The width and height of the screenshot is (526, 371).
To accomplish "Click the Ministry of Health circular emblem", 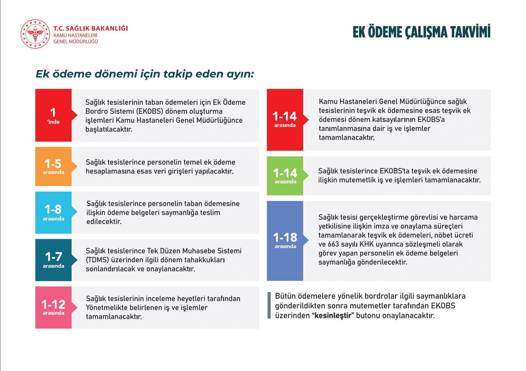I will [x=35, y=34].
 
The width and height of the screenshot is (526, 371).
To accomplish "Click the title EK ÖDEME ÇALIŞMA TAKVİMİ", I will [x=421, y=32].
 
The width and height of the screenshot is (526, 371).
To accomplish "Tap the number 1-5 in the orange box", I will [x=53, y=164].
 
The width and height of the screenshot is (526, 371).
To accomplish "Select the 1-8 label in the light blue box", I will [x=53, y=209].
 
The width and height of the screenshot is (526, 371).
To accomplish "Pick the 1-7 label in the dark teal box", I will [x=53, y=257].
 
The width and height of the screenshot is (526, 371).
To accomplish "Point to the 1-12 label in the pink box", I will [x=53, y=305].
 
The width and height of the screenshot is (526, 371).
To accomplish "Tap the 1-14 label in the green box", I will [x=285, y=173].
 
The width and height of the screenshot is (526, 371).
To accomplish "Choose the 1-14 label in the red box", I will [x=285, y=116].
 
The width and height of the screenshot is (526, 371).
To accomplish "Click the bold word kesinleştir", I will [x=333, y=315].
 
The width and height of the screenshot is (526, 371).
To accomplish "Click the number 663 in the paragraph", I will [x=333, y=244].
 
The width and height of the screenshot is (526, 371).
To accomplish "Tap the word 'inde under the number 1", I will [x=53, y=122].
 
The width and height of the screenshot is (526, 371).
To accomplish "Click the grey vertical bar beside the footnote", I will [x=269, y=305].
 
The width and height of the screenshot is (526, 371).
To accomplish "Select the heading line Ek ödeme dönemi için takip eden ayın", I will [x=145, y=74].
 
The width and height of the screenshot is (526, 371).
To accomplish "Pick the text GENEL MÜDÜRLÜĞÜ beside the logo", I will [x=76, y=41].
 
